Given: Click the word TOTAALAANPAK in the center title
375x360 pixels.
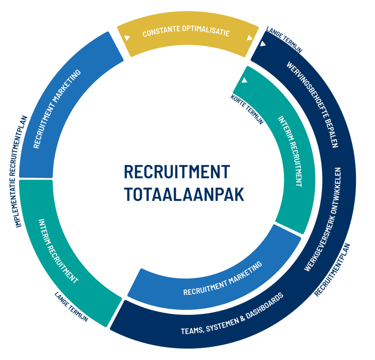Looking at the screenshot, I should (x=184, y=194).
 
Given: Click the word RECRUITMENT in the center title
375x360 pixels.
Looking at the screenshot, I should (x=177, y=172).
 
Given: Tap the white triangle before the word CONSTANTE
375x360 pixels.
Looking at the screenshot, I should (x=127, y=38).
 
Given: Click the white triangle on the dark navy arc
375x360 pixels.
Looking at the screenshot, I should (x=263, y=44).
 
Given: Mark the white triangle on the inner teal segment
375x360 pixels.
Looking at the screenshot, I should (x=244, y=80).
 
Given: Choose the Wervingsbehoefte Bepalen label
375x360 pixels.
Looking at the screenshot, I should (x=312, y=104).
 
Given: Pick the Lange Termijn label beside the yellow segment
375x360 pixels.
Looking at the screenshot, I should (x=284, y=40).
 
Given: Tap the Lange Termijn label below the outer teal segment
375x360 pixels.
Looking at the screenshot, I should (x=71, y=306).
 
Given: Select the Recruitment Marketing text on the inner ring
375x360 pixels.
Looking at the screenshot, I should (x=223, y=278).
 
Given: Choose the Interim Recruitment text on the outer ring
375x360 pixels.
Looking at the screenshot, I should (x=59, y=251).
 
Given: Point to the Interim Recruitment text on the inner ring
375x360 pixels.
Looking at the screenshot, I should (x=290, y=151).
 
